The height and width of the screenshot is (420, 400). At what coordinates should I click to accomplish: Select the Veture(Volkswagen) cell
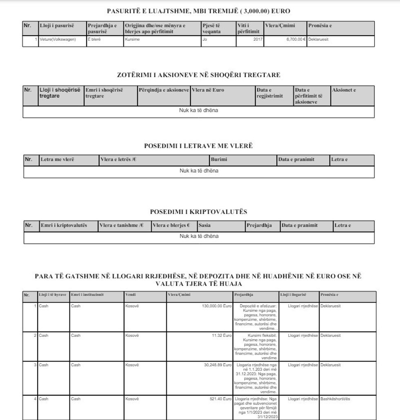click(x=58, y=40)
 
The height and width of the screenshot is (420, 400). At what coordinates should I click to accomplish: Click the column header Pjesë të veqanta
click(x=211, y=28)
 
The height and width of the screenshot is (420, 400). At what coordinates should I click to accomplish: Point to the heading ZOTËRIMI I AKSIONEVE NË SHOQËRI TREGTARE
click(x=198, y=75)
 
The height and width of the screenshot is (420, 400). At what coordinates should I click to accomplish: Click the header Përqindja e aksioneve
click(x=163, y=90)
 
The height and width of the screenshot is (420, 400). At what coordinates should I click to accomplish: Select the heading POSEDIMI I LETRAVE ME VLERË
click(x=198, y=146)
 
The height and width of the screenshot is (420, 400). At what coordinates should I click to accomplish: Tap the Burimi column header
click(x=219, y=160)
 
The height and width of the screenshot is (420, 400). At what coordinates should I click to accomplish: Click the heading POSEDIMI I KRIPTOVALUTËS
click(x=198, y=212)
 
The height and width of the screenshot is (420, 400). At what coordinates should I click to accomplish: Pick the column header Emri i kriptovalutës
click(x=64, y=225)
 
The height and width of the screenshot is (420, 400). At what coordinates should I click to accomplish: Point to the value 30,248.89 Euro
click(x=218, y=365)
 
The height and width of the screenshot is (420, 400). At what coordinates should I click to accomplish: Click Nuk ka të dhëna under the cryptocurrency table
click(x=199, y=236)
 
